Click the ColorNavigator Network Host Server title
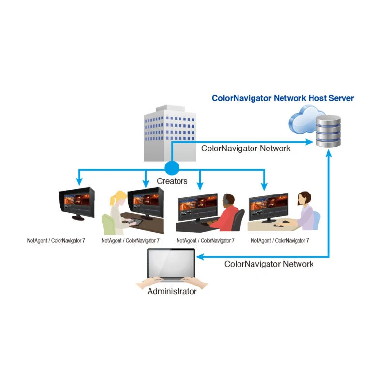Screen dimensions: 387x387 point(283,98)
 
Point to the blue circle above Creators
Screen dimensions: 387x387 point(172,168)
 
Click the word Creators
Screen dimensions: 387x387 point(172,181)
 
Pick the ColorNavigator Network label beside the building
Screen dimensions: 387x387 point(246,149)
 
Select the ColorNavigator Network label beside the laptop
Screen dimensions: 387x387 point(269,264)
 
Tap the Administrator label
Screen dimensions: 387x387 point(172,292)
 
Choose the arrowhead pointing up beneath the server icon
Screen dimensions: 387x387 point(329,153)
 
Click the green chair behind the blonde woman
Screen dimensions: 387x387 point(108,224)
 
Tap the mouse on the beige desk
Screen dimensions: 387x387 point(286,222)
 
